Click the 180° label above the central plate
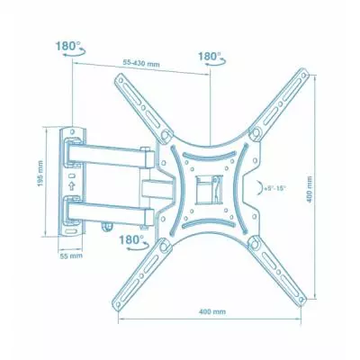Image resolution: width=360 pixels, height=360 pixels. (210, 56)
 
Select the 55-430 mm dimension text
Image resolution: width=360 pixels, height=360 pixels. (143, 63)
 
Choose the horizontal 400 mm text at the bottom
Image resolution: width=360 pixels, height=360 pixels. (213, 310)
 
